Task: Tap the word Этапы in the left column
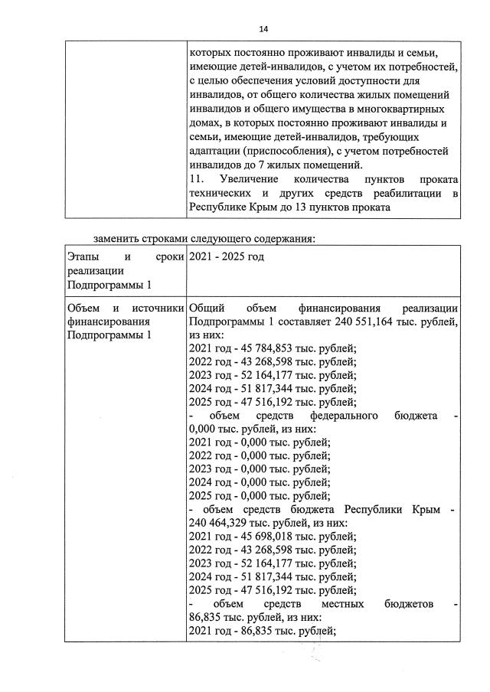83,256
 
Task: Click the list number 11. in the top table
197,181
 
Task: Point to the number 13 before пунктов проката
319,207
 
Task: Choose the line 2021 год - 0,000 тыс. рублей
258,442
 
